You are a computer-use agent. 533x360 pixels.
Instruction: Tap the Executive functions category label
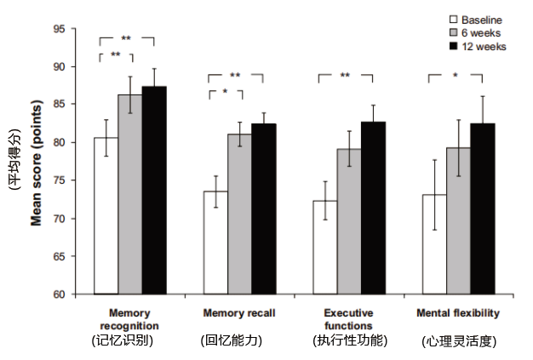pos(348,318)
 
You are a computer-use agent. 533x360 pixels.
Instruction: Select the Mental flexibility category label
pos(458,312)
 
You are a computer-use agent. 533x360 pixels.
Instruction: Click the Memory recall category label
pos(238,312)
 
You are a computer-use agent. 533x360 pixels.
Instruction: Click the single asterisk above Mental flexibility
pos(456,76)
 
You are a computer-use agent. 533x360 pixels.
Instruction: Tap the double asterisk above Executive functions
pos(345,76)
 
